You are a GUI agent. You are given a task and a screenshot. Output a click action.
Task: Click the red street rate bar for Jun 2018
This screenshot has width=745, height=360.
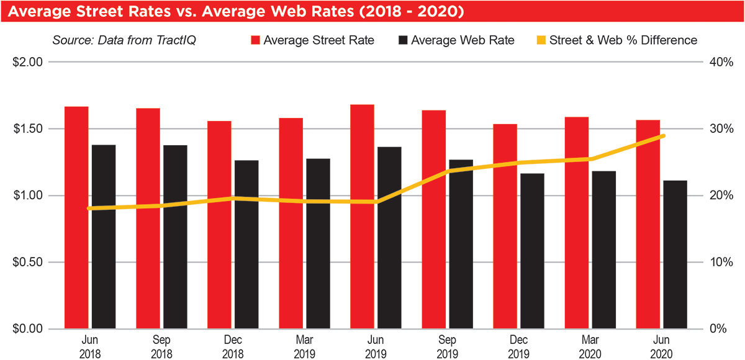point(76,217)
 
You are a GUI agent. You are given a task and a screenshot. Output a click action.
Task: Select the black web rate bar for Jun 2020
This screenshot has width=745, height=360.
point(674,254)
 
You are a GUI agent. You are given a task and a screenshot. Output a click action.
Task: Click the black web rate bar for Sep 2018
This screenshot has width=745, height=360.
point(175,236)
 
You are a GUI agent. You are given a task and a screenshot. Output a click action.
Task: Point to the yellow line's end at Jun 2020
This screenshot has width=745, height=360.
point(663,136)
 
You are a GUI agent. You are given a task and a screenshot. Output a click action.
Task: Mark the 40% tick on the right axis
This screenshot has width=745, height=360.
point(722,62)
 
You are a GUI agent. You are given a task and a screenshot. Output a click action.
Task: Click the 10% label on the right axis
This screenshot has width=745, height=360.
point(722,262)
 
